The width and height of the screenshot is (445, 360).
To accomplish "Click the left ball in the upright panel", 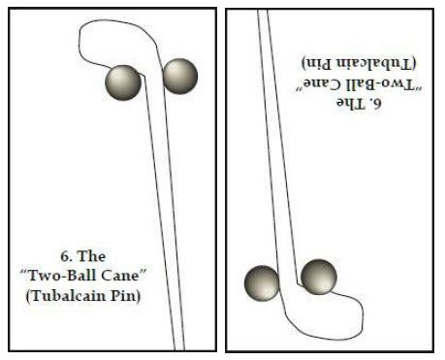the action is point(122,81).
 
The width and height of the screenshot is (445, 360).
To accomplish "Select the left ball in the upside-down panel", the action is point(261,282).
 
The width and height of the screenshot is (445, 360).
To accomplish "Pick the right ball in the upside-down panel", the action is point(318,278).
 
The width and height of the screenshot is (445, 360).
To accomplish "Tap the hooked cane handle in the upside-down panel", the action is point(349,315).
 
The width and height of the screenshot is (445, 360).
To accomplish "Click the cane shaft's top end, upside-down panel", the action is point(263,15).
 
